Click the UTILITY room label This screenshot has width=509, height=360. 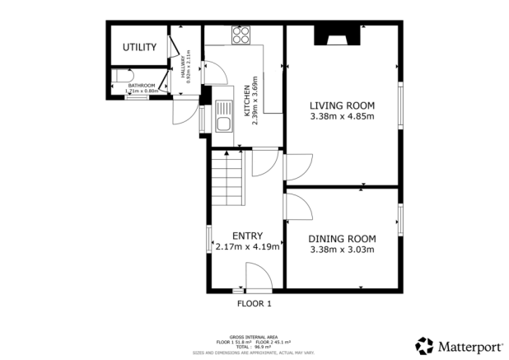(x=139, y=48)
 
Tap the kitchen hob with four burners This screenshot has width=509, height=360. (x=241, y=35)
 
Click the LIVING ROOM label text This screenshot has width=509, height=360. (x=342, y=105)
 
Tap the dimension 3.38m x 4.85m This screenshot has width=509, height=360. (x=342, y=117)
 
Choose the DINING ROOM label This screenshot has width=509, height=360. (x=342, y=238)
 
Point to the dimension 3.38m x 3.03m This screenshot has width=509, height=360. (x=342, y=250)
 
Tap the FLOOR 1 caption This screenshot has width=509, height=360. (x=254, y=303)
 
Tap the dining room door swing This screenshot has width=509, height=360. (x=297, y=206)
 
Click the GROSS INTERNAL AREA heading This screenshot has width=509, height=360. (x=254, y=336)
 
